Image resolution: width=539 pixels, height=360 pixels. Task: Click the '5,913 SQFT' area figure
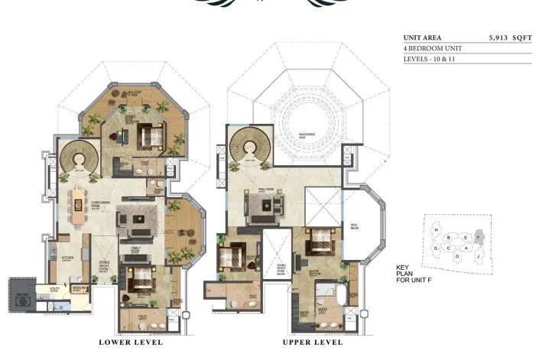[x=510, y=37]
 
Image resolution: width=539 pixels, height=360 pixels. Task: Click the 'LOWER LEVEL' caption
[x=131, y=342]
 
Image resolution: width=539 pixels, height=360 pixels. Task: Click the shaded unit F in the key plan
[x=479, y=237]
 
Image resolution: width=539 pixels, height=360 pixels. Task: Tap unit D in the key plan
[x=457, y=257]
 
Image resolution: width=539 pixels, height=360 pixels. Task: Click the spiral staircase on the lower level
[x=78, y=157]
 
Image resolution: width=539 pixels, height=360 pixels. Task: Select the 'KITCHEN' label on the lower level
[x=67, y=258]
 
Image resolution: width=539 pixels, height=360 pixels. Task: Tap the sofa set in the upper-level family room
[x=262, y=205]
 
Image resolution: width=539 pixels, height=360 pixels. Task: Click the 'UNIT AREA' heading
[x=423, y=37]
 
